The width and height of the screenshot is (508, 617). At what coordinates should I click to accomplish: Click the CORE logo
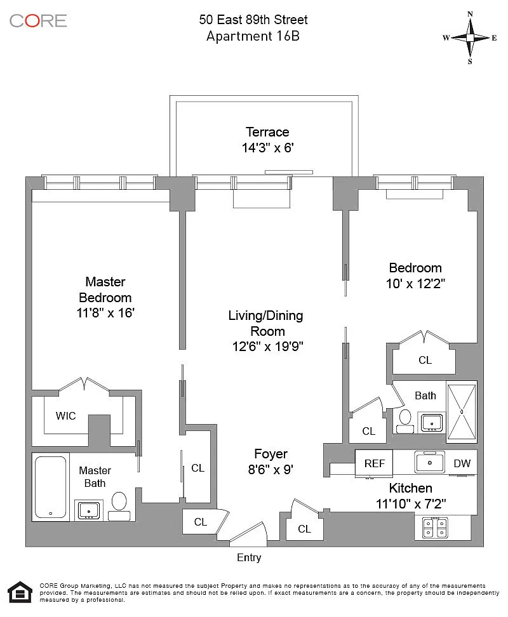point(38,21)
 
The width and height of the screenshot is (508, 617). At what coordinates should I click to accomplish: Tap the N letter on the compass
point(470,14)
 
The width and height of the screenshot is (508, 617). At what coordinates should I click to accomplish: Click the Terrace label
point(267,132)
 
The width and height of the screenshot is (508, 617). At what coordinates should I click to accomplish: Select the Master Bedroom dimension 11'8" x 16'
point(105,313)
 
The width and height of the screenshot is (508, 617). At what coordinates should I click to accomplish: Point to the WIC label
point(65,416)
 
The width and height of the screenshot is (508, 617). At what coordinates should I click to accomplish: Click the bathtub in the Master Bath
point(50,487)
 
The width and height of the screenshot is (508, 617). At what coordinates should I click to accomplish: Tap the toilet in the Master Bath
point(119,507)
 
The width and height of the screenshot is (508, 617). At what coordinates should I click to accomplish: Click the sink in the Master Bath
point(89,510)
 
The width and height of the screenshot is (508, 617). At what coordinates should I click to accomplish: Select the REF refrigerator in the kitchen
point(374,463)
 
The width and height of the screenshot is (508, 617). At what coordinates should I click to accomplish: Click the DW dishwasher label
point(462,463)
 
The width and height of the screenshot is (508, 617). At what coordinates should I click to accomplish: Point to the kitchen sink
point(430,462)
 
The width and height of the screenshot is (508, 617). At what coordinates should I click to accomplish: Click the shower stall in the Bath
point(462,411)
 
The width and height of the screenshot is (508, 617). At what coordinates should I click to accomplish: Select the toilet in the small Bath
point(405,421)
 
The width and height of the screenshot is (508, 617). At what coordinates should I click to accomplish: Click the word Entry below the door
point(249,557)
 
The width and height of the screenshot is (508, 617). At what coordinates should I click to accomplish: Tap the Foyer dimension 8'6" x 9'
point(271,470)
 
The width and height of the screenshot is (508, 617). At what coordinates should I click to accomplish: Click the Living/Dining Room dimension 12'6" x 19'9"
point(267,347)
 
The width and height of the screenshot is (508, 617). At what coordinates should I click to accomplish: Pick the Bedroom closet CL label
point(425,360)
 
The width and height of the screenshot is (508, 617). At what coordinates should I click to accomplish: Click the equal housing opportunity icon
point(20,592)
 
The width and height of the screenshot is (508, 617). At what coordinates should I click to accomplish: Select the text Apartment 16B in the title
point(253,36)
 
